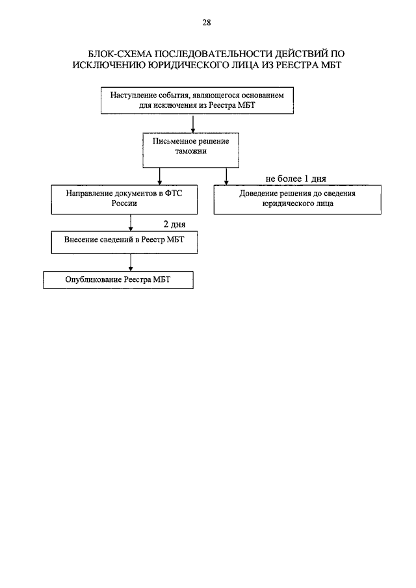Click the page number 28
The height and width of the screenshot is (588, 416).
coord(207,23)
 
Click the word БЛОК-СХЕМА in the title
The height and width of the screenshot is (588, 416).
coord(120,54)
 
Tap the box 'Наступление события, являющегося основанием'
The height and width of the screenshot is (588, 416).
coord(197,101)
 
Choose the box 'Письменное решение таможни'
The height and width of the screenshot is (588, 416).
coord(190,150)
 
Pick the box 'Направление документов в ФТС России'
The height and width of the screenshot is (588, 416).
coord(124,199)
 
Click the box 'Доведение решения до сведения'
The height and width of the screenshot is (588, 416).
coord(298,199)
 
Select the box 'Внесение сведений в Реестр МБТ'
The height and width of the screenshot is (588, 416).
coord(124,242)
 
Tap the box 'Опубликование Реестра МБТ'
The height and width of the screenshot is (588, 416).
coord(118,280)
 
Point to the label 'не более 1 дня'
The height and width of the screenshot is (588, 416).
coord(296,179)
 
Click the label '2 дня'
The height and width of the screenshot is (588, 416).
coord(174,224)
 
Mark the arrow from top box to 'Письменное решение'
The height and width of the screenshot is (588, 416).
coord(193,123)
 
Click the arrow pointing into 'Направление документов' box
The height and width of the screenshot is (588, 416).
coord(160,176)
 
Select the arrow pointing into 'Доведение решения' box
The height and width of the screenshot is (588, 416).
coord(226,176)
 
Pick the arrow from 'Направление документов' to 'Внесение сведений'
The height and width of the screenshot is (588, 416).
coord(131,223)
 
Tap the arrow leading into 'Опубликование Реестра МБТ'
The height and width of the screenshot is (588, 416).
coord(131,262)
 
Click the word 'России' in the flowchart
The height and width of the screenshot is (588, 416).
coord(124,203)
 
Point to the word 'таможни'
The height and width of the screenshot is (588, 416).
coord(190,151)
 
